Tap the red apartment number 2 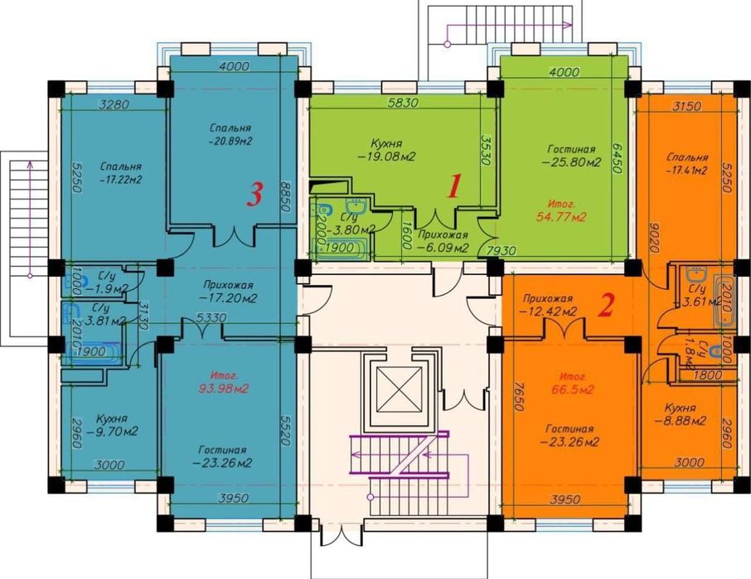click(x=607, y=306)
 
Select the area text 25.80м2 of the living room click(x=572, y=163)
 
